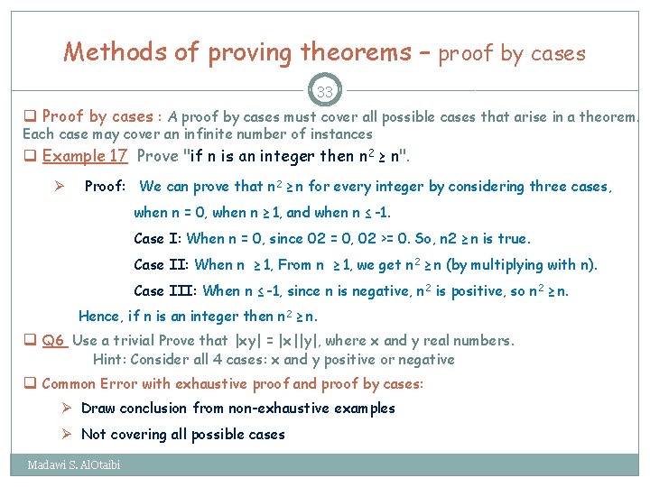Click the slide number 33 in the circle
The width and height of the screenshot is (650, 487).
[324, 91]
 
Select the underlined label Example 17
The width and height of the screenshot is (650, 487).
[85, 156]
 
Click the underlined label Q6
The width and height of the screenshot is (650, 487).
[53, 340]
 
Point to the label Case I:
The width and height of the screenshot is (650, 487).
[157, 239]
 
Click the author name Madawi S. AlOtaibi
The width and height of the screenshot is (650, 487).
[73, 465]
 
